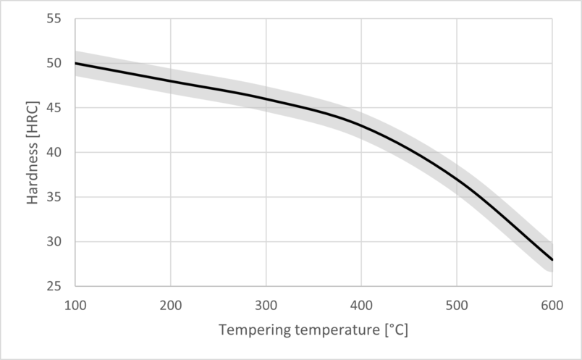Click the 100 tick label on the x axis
point(75,305)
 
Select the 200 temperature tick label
point(171,305)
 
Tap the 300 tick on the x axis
point(266,305)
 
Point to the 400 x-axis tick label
point(361,305)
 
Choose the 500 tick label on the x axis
point(457,305)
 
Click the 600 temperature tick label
point(552,305)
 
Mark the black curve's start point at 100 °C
point(75,64)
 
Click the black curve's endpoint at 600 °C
point(552,259)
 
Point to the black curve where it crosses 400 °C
point(361,125)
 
